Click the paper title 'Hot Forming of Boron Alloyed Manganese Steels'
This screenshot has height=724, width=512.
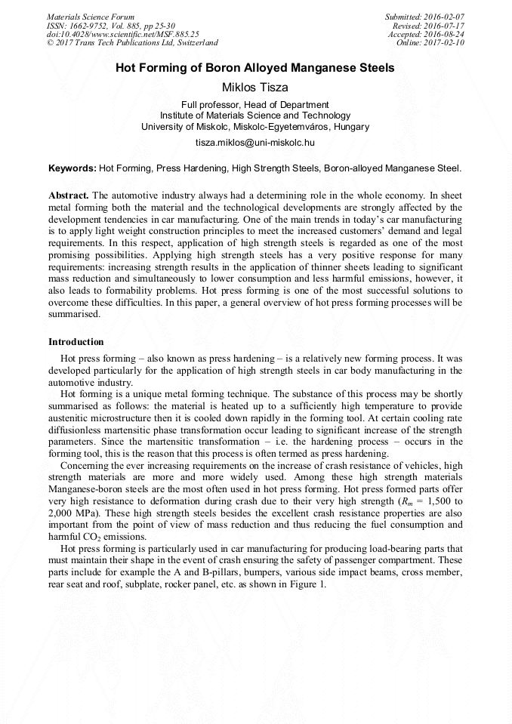point(255,68)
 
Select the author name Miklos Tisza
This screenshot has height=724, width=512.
point(255,88)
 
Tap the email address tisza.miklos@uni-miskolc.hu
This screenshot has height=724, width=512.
point(255,142)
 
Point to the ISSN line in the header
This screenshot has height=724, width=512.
point(110,25)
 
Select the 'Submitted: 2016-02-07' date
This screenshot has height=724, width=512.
point(425,16)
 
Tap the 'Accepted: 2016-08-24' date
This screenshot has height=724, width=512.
point(427,34)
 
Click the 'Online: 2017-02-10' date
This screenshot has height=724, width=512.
point(430,43)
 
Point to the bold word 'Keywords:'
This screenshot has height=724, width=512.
point(72,168)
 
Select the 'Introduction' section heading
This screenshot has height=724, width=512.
point(76,342)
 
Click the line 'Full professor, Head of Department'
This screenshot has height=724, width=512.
point(255,105)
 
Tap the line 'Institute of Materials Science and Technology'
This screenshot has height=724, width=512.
point(255,116)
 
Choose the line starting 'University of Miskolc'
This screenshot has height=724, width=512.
point(255,127)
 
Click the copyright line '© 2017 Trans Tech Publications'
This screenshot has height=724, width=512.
point(132,43)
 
